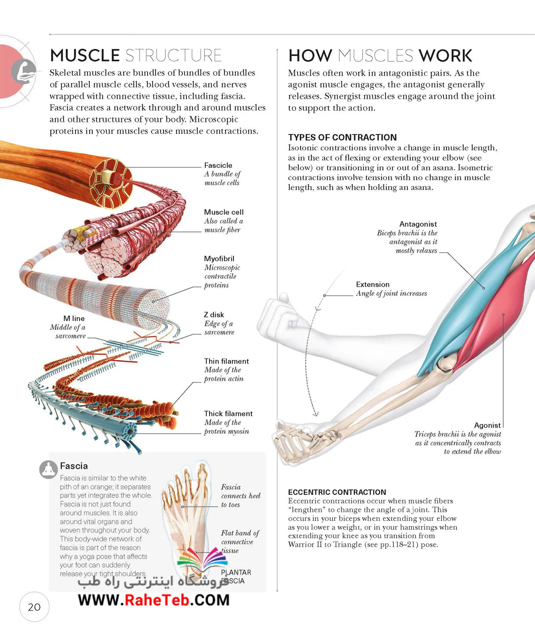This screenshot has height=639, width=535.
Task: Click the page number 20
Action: [x=34, y=607]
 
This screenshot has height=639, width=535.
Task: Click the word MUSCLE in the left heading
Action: [x=85, y=55]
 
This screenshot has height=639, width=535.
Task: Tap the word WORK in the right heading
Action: [x=445, y=55]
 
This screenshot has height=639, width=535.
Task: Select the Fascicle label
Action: [x=218, y=165]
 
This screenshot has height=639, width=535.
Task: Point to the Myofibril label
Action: [x=219, y=259]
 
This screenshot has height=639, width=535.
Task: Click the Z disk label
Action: [x=214, y=315]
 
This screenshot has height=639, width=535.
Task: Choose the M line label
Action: [x=74, y=318]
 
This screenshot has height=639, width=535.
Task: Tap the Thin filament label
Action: [x=226, y=361]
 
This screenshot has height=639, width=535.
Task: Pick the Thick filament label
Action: [x=228, y=414]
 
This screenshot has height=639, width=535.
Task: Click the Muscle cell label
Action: [x=224, y=212]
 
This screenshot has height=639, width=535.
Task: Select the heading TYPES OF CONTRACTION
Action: [x=343, y=137]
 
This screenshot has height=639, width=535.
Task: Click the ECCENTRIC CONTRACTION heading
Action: [x=337, y=492]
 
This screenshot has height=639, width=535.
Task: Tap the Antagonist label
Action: [x=418, y=224]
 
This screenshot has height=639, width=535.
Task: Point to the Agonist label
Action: [x=487, y=425]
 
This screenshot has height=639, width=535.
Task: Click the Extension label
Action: [x=373, y=284]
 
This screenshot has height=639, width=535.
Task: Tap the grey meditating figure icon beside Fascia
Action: [x=49, y=469]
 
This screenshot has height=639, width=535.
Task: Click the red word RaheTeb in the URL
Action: [x=157, y=600]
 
